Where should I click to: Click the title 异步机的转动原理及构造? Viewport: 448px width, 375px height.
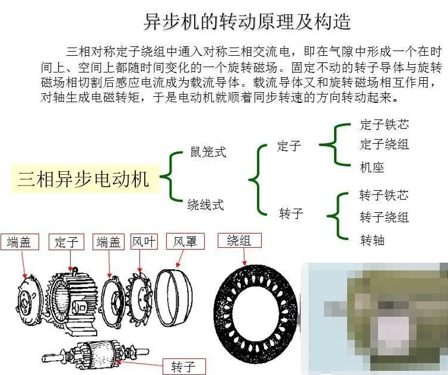247,21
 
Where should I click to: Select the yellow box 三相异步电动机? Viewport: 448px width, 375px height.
85,179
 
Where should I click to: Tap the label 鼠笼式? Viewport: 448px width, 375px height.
208,152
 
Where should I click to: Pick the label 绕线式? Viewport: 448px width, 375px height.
205,204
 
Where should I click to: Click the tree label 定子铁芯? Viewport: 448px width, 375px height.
385,125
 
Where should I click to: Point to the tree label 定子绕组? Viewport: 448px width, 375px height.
385,144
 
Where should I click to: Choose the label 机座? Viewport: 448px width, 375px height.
371,168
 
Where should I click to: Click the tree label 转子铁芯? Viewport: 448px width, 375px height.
384,195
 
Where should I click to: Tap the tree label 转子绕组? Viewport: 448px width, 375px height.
385,217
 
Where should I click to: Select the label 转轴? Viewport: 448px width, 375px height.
372,240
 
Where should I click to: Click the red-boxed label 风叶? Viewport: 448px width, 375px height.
144,242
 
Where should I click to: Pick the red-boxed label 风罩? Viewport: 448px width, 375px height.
185,241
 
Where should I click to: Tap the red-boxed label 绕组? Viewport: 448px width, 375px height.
240,241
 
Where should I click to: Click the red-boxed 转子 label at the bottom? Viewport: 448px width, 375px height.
184,367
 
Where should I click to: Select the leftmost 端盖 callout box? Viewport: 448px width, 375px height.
20,242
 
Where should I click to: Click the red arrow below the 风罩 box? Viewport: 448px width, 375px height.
180,259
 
